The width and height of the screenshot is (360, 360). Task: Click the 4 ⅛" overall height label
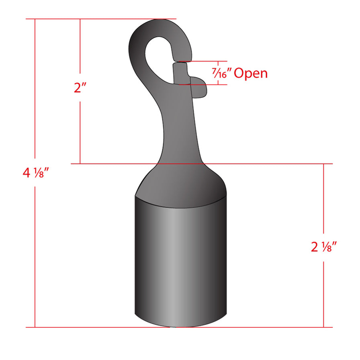pyautogui.click(x=36, y=174)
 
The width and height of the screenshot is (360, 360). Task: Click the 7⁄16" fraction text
pyautogui.click(x=221, y=74)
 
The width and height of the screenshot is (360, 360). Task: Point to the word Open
pyautogui.click(x=250, y=74)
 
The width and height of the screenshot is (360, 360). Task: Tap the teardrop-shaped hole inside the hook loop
pyautogui.click(x=157, y=58)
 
